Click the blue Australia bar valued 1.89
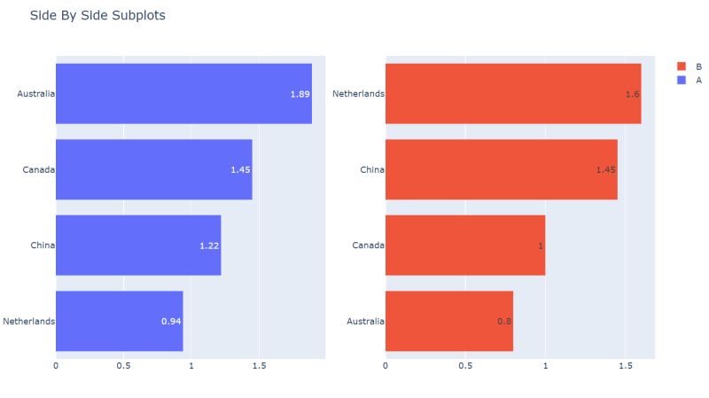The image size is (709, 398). click(x=183, y=93)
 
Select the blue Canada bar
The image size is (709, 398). click(x=154, y=169)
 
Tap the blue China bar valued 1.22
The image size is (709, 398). click(x=138, y=246)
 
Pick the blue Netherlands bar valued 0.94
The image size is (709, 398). click(x=120, y=321)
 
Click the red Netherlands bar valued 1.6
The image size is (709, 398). click(x=513, y=93)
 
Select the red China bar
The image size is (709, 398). click(x=502, y=169)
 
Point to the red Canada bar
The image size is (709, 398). click(x=465, y=246)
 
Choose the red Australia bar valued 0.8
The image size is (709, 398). click(x=449, y=321)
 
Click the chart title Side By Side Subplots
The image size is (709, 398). click(x=97, y=16)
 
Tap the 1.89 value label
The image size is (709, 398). click(x=300, y=94)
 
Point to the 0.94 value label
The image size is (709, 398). click(x=171, y=321)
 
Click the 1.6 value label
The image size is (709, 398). click(x=632, y=94)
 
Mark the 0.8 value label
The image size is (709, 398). click(x=504, y=321)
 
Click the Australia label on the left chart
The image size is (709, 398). click(x=36, y=93)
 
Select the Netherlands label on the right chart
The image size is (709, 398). click(x=358, y=93)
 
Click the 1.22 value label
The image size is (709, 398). click(x=209, y=246)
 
